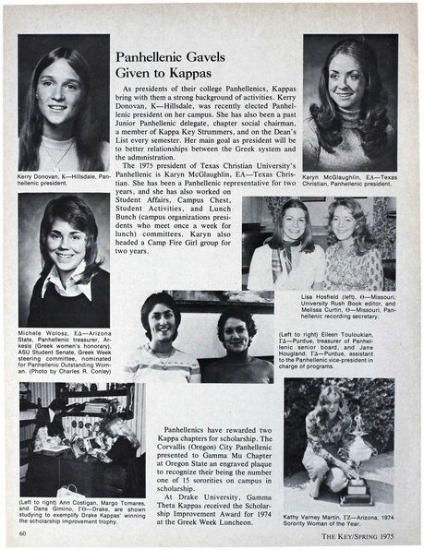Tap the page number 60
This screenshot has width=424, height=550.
point(22,532)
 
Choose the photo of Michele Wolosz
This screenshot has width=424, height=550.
point(63,259)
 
